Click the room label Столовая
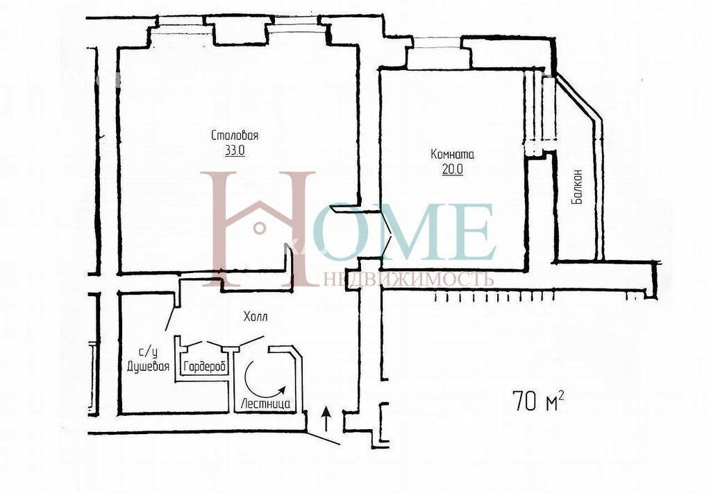pos(235,135)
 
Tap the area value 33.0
pos(235,150)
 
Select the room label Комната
pos(453,155)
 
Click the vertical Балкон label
pos(577,186)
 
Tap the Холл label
pos(256,316)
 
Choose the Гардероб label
pos(205,366)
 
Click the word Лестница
pos(266,403)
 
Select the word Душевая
pos(149,366)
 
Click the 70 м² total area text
pos(539,400)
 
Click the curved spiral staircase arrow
pos(260,381)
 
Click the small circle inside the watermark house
pos(260,227)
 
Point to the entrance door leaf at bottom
pos(323,438)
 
